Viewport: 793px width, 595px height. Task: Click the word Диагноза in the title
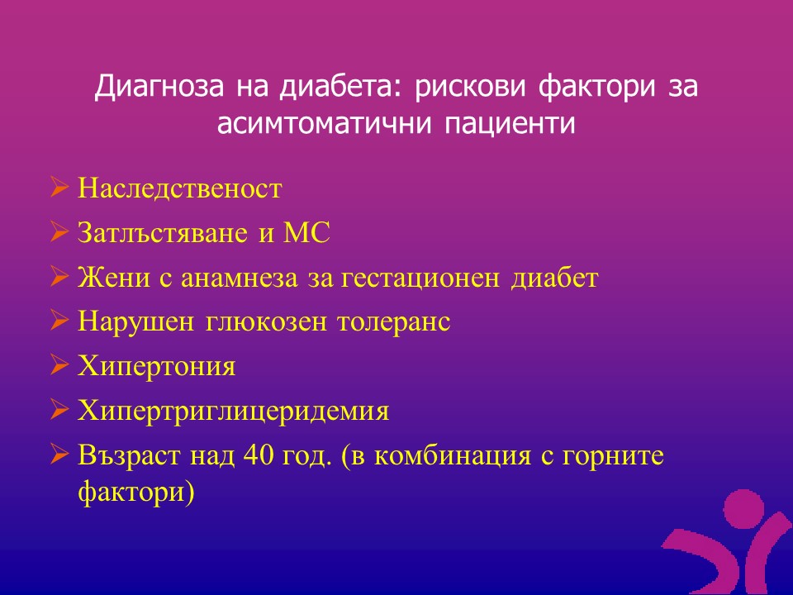(159, 86)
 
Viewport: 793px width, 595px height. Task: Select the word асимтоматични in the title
(324, 123)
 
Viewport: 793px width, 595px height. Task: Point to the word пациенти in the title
(510, 123)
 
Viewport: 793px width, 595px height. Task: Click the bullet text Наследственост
(179, 188)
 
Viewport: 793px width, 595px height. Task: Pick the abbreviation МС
(306, 233)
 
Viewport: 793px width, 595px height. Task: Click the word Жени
(114, 278)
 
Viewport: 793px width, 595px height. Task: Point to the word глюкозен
(266, 321)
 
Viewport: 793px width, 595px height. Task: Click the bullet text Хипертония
(157, 366)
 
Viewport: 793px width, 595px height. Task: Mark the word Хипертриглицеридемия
(233, 411)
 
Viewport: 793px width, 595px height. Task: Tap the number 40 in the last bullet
(259, 455)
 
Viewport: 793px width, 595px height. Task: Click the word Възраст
(129, 455)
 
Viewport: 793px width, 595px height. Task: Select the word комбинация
(453, 455)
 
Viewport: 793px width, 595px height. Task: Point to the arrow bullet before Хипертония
(59, 365)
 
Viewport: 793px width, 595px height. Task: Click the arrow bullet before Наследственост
(59, 188)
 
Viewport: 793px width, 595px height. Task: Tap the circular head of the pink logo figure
(744, 508)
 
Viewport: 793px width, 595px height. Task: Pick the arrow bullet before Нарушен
(59, 321)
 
